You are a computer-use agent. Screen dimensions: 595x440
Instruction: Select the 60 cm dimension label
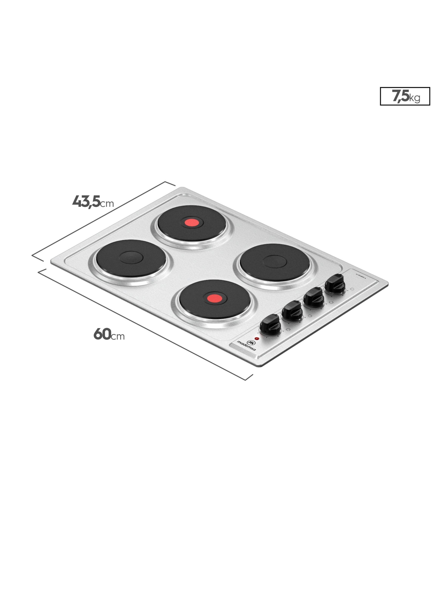[x=109, y=334]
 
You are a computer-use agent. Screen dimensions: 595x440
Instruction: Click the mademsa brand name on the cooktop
[x=246, y=346]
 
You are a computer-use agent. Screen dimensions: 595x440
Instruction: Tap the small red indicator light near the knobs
[x=257, y=339]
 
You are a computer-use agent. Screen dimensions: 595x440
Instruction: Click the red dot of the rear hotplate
[x=192, y=223]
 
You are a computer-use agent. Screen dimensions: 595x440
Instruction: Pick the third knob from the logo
[x=314, y=297]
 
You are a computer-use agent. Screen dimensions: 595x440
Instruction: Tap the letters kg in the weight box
[x=415, y=98]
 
